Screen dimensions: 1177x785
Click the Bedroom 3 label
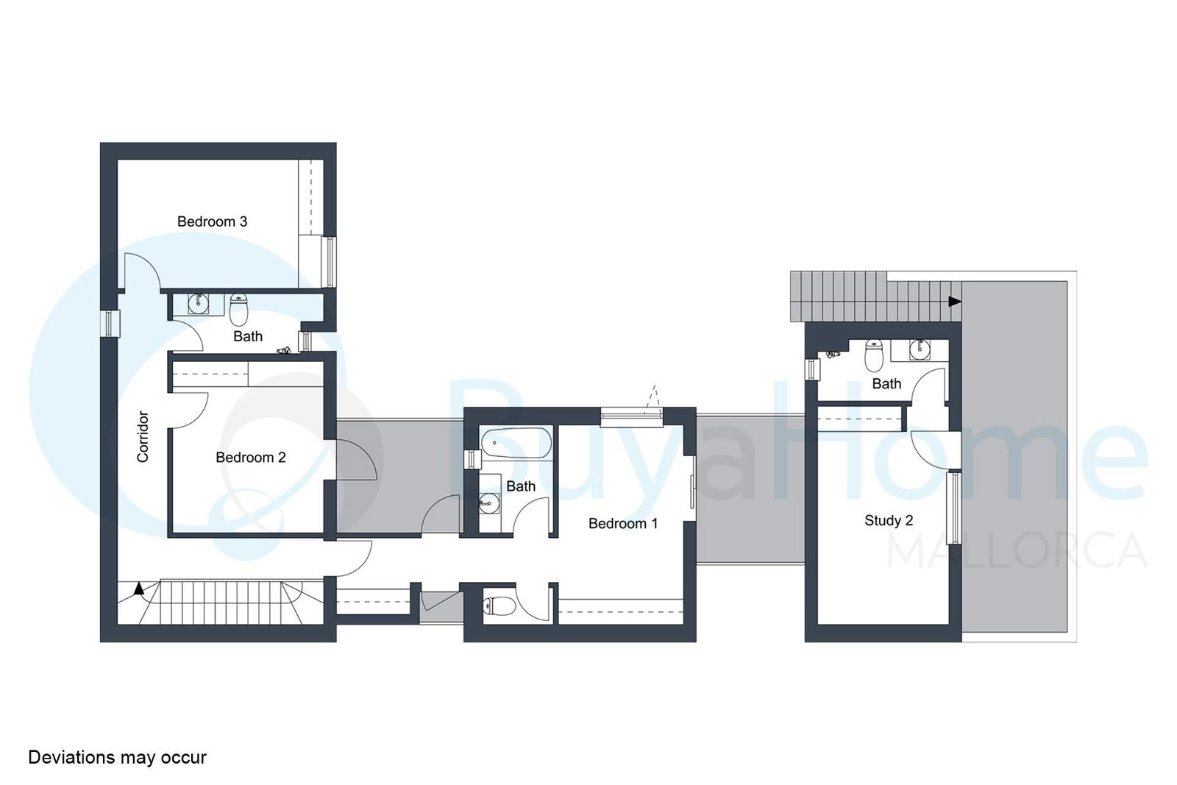pos(212,221)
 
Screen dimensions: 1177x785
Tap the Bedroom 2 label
pos(251,458)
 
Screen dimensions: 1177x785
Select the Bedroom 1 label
pos(622,523)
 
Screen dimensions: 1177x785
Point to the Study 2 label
pos(889,521)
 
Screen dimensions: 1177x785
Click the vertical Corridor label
pos(143,436)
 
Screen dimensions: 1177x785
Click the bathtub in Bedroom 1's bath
pos(516,444)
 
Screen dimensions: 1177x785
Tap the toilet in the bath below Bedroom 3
pos(238,310)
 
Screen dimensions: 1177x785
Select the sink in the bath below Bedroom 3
pos(199,304)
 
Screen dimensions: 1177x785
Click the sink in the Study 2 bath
pos(920,349)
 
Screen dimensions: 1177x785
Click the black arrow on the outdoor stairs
pos(955,302)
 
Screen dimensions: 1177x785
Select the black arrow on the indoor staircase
pos(139,589)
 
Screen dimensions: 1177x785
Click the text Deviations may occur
pos(117,757)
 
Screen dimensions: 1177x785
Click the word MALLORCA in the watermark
pos(1017,550)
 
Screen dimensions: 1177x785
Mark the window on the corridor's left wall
pos(110,323)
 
